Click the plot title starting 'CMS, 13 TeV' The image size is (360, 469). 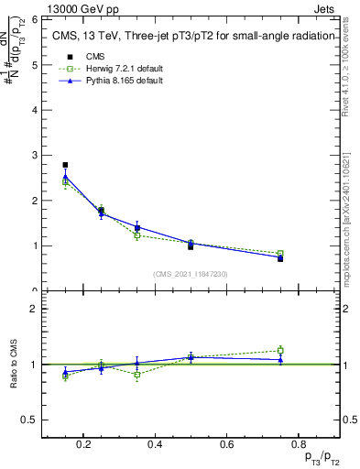[x=187, y=37]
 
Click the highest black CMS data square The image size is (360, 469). [x=65, y=165]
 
